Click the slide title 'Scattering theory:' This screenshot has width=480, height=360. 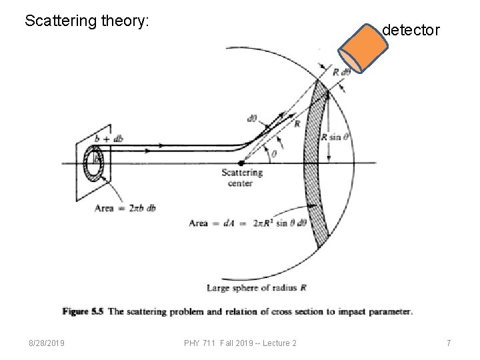click(x=87, y=21)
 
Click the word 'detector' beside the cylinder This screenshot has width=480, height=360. click(x=411, y=30)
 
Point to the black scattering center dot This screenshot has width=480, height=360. click(x=241, y=162)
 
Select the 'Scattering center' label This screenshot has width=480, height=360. click(x=242, y=177)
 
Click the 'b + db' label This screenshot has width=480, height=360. click(x=109, y=139)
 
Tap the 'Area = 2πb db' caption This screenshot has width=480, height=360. click(x=125, y=208)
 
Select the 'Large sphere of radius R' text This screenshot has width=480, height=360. click(x=257, y=288)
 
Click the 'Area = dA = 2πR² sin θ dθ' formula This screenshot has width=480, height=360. click(x=246, y=223)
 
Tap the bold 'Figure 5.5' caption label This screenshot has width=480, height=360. click(x=83, y=311)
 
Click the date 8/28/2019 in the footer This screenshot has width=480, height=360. click(x=46, y=343)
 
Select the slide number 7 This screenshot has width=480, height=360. click(x=449, y=343)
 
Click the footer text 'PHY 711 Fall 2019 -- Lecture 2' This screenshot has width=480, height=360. click(x=240, y=343)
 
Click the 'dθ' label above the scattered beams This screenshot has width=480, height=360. click(x=252, y=119)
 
